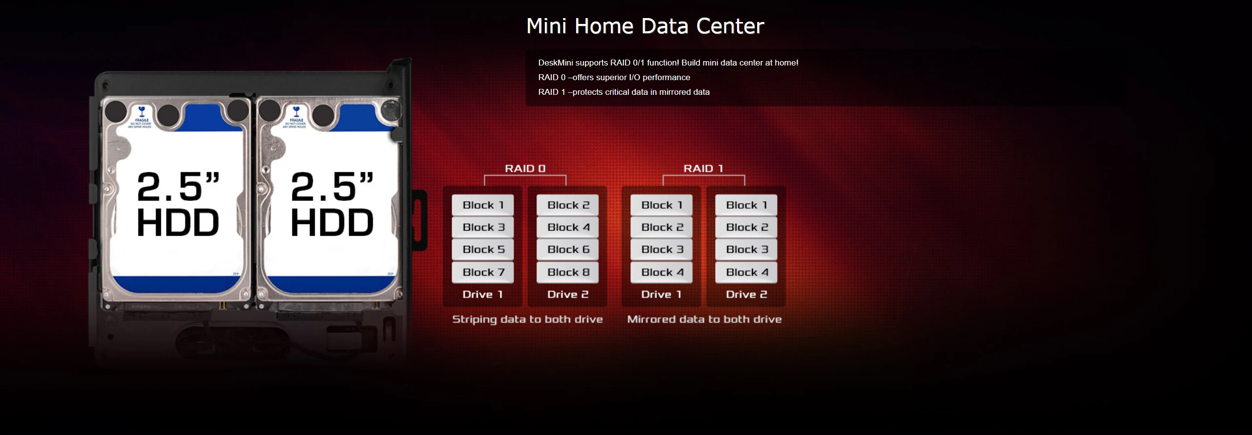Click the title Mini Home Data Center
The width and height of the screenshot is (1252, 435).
coord(645,26)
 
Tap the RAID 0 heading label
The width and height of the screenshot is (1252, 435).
coord(525,169)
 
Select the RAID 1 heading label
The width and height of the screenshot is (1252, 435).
coord(703,169)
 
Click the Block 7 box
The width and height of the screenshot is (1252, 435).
coord(483,272)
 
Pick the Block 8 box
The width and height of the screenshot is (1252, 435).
coord(568,272)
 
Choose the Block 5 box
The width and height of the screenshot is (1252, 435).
coord(483,250)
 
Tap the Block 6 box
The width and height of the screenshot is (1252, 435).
coord(568,250)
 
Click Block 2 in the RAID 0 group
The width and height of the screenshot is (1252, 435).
coord(568,205)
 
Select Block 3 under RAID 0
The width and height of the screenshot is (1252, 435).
coord(483,227)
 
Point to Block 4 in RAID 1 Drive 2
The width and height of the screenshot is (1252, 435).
coord(746,272)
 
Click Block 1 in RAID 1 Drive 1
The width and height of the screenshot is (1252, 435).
coord(661,205)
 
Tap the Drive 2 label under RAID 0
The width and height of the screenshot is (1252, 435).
coord(568,294)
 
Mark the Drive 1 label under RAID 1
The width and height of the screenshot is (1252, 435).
coord(661,294)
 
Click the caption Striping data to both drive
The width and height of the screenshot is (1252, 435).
coord(527,319)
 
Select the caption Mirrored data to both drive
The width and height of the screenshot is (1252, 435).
coord(704,319)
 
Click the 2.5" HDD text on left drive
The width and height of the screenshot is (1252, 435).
coord(178,204)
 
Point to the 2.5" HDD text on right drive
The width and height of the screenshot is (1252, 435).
coord(332,204)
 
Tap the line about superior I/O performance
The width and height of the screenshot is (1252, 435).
coord(614,77)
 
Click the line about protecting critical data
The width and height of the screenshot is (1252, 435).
coord(624,92)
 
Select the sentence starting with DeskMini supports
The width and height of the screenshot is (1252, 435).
coord(668,63)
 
